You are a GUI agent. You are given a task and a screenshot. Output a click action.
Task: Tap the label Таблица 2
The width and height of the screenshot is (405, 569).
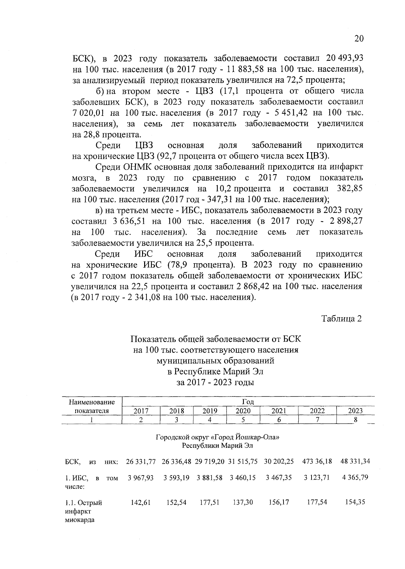pos(341,319)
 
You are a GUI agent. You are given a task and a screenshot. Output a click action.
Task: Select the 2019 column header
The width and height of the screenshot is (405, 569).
pos(210,411)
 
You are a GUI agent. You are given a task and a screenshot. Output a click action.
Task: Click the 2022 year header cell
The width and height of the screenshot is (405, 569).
pos(317,411)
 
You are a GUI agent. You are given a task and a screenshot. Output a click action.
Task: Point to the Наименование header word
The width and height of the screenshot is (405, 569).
pos(92,402)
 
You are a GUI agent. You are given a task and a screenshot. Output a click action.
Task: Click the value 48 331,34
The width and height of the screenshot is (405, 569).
pos(355,461)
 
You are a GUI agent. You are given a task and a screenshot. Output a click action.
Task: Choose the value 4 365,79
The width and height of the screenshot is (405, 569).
pos(355,478)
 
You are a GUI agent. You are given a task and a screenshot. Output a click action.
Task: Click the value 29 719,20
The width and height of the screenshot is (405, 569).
pos(210,461)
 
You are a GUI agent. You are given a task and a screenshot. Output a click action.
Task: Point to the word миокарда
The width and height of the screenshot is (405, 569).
pos(79,519)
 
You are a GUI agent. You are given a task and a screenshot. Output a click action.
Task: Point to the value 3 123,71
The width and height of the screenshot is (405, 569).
pos(317,478)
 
